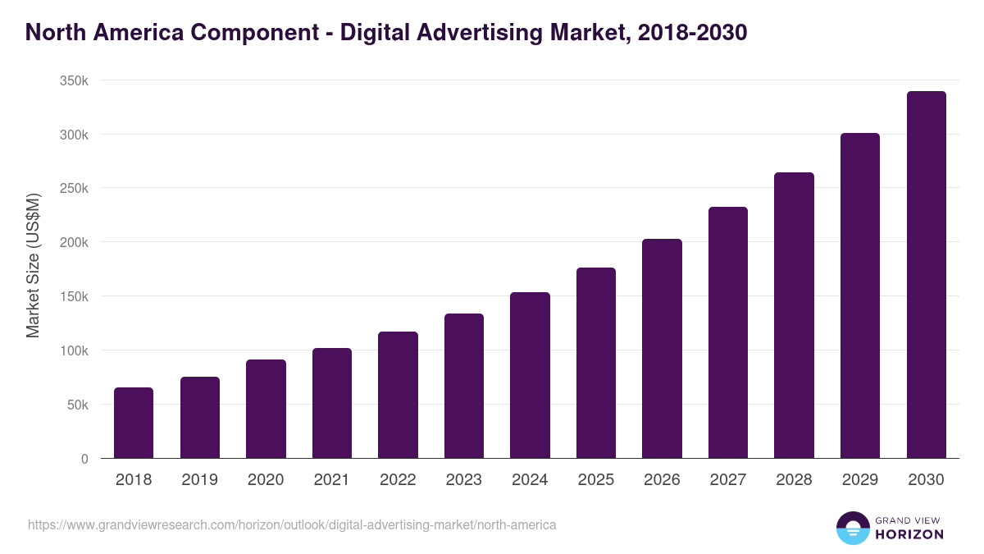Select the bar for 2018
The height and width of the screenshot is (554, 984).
(x=134, y=423)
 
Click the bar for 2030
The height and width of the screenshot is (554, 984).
(x=926, y=275)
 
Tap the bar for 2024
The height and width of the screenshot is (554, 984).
(x=530, y=375)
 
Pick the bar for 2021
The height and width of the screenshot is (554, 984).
(x=332, y=403)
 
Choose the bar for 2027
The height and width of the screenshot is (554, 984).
(x=728, y=332)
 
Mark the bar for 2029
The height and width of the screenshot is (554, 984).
(x=860, y=295)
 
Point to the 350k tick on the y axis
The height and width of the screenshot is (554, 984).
(x=74, y=81)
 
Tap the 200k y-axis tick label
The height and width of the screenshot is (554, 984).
(x=74, y=243)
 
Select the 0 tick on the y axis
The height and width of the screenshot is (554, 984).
(x=84, y=459)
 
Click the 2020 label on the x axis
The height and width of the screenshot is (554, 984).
(x=266, y=480)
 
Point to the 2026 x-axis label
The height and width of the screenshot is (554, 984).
(x=662, y=480)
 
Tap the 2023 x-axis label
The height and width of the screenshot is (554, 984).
(x=464, y=480)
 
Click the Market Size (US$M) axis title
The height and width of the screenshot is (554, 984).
(x=33, y=265)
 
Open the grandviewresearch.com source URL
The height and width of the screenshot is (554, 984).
(x=292, y=524)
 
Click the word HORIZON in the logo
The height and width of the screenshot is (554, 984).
(x=909, y=534)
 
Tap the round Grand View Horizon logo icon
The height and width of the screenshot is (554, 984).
(x=853, y=528)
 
